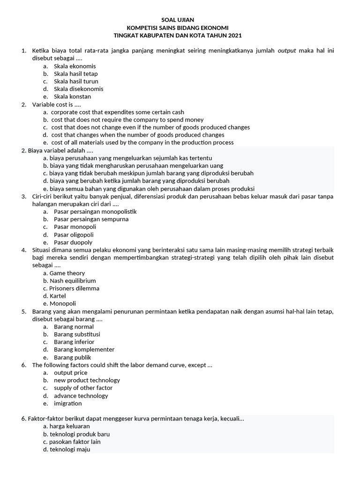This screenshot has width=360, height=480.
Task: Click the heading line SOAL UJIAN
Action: click(x=180, y=20)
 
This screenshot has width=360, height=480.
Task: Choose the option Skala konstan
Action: click(x=72, y=97)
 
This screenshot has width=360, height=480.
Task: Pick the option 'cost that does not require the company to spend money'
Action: click(x=127, y=120)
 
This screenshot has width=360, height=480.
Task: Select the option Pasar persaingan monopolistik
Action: click(x=95, y=211)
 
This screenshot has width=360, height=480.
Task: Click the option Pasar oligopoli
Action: click(x=74, y=234)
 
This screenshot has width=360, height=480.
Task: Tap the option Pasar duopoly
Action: click(x=73, y=242)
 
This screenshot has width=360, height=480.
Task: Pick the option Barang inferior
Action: click(x=74, y=342)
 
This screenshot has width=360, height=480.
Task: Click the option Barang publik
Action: click(x=72, y=357)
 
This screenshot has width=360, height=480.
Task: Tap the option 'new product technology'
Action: click(x=87, y=380)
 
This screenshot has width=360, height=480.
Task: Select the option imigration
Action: click(x=67, y=403)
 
